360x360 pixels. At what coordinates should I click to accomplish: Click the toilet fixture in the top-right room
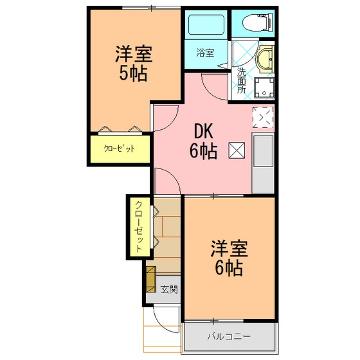click(258, 22)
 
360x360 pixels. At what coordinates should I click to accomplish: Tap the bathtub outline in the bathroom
click(206, 25)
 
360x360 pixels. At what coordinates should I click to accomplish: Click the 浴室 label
click(205, 53)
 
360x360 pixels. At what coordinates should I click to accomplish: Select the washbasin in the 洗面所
click(265, 59)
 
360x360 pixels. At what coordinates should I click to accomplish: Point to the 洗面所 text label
click(241, 80)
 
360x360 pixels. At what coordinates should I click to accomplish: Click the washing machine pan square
click(264, 87)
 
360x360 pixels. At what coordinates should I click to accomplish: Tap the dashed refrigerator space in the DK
click(263, 117)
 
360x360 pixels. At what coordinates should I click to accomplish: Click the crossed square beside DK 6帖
click(237, 150)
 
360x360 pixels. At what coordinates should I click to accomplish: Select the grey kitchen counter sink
click(263, 163)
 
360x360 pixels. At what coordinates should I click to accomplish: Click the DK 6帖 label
click(203, 141)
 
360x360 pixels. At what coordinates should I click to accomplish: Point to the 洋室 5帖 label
click(134, 64)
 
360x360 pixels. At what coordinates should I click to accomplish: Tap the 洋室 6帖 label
click(229, 258)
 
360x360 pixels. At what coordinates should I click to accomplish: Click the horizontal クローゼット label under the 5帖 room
click(119, 148)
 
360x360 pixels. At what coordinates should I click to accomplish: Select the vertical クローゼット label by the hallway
click(139, 226)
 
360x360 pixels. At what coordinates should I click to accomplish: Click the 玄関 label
click(169, 289)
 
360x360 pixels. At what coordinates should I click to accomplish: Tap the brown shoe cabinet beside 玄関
click(151, 279)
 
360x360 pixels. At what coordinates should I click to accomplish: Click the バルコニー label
click(229, 337)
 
